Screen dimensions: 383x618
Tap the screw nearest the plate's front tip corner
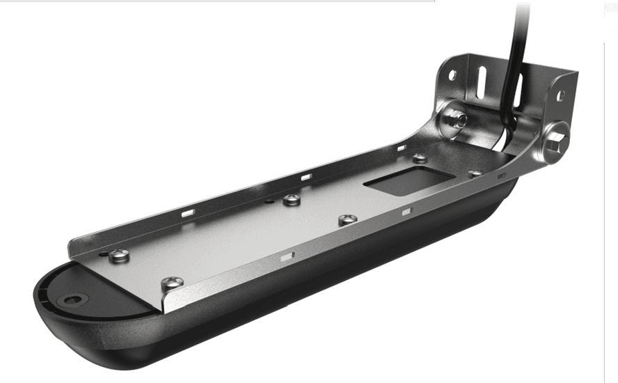(172, 283)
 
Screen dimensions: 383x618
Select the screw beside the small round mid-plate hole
(292, 200)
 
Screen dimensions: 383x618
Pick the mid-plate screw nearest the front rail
(347, 219)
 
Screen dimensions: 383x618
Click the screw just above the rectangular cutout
(419, 158)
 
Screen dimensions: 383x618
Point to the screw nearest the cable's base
(475, 173)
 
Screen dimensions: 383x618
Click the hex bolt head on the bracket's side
(556, 141)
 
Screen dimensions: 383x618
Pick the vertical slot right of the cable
(518, 88)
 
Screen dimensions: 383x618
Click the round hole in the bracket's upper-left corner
(452, 74)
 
